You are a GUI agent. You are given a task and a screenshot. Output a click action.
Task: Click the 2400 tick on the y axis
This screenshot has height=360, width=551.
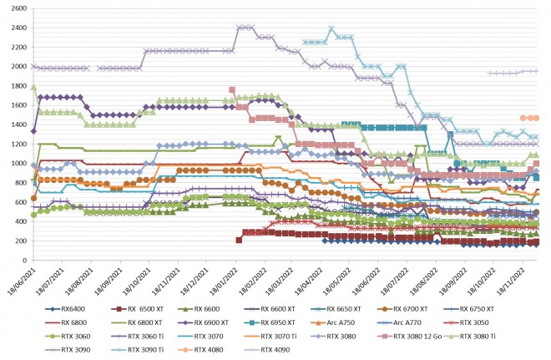coord(16,28)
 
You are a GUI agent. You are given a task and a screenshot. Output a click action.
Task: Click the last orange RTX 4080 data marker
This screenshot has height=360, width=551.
coord(535,118)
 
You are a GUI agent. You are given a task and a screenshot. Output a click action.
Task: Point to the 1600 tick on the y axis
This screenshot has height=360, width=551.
coord(16,105)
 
